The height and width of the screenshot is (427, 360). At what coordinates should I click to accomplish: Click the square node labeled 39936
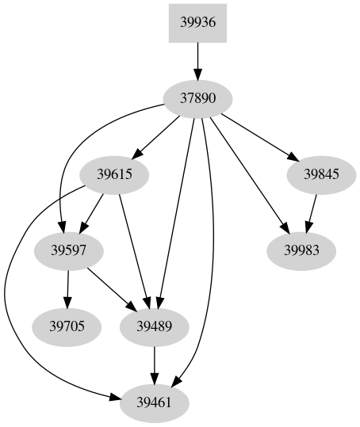pyautogui.click(x=198, y=22)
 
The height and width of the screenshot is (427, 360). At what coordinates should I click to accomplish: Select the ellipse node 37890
pyautogui.click(x=198, y=99)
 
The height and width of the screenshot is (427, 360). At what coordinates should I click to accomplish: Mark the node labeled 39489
pyautogui.click(x=154, y=326)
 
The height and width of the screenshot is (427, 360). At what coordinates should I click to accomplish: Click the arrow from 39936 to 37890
pyautogui.click(x=198, y=60)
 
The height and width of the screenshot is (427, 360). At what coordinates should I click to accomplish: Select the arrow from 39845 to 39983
pyautogui.click(x=308, y=212)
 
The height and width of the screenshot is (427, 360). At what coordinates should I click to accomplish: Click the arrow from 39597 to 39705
pyautogui.click(x=68, y=288)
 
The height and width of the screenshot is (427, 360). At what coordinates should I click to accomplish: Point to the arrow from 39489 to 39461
pyautogui.click(x=154, y=364)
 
